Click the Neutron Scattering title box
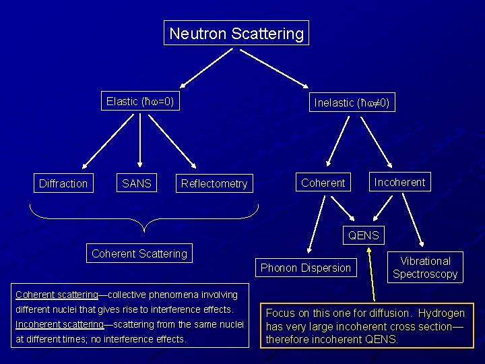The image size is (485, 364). click(236, 33)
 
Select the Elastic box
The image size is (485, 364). click(140, 102)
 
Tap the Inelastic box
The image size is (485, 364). click(352, 102)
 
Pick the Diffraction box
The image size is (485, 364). click(63, 183)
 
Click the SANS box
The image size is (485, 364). click(137, 183)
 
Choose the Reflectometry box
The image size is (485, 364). click(214, 183)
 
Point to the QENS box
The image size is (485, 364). click(363, 235)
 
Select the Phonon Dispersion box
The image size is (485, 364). click(306, 268)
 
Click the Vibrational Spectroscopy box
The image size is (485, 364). click(425, 268)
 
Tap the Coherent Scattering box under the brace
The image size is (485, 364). click(139, 253)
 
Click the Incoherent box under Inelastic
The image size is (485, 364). click(400, 182)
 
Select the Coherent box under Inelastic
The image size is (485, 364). click(323, 183)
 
